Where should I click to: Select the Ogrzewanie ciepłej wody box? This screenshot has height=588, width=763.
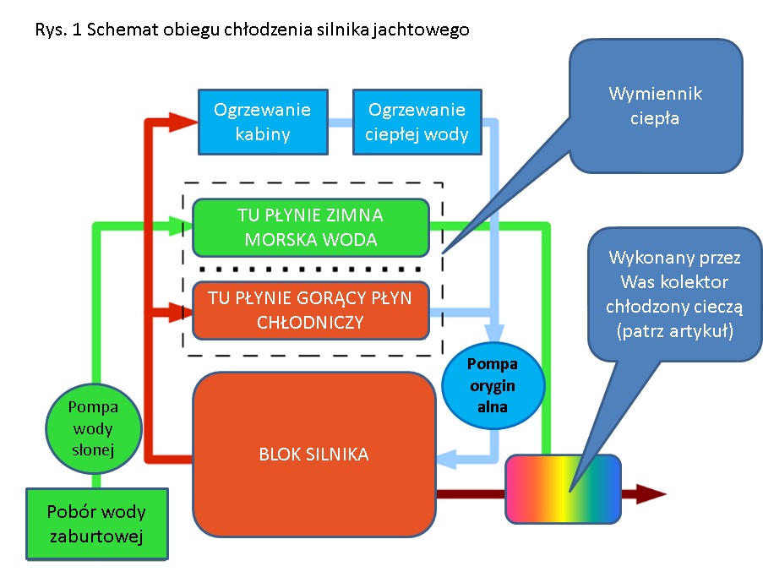[417, 122]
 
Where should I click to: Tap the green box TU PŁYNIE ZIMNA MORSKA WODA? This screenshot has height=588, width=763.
[311, 227]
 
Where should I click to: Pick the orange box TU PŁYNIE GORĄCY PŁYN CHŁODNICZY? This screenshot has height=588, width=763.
[311, 310]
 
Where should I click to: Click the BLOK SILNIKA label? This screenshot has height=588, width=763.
[313, 455]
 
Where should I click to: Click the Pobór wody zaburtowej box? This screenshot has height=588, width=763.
[96, 523]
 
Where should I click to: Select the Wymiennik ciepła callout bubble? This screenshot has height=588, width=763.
[656, 106]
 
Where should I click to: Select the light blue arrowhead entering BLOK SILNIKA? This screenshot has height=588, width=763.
[445, 460]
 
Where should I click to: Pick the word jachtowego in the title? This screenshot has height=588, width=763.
[426, 30]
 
